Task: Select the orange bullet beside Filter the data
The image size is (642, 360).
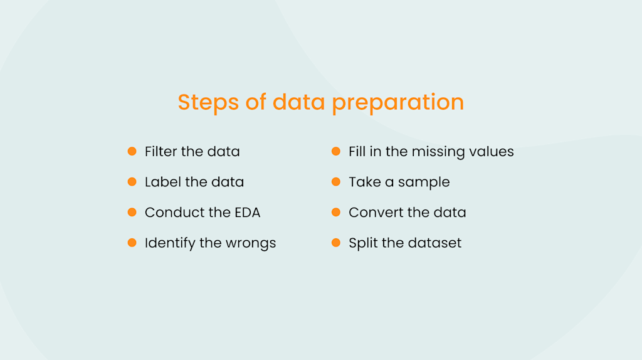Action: pos(132,151)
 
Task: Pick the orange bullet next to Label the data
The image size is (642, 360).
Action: pos(132,182)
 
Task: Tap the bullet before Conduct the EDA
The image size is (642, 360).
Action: pos(132,212)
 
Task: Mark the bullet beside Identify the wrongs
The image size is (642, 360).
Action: pos(132,243)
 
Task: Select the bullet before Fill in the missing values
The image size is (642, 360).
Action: pos(336,151)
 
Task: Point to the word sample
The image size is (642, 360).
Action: pos(424,183)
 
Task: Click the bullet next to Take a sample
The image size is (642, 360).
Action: pos(336,182)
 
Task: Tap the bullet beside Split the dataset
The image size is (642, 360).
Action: pos(336,243)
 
